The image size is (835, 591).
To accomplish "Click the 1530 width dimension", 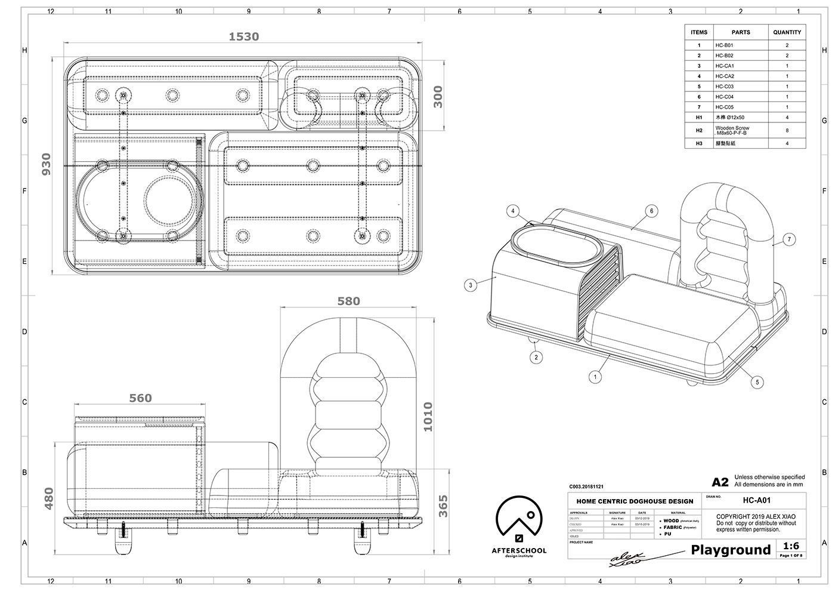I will pos(244,36).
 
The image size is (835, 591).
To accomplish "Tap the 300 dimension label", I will pos(438,96).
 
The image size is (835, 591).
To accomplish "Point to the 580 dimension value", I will pos(348,301).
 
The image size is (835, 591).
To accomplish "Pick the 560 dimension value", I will pos(140,398).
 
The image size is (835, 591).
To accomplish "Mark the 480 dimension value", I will pos(49,499).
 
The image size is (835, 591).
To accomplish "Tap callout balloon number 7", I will pos(789,239).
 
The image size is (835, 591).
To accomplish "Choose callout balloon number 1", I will pos(594,377).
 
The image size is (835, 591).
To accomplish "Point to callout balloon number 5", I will pos(757,382).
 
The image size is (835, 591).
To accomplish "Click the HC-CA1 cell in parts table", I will pos(725,66).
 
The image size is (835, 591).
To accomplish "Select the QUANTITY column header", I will pos(787,32).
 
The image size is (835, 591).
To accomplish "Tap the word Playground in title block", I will pos(731,550).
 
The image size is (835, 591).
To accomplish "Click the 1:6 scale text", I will pos(791,546).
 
